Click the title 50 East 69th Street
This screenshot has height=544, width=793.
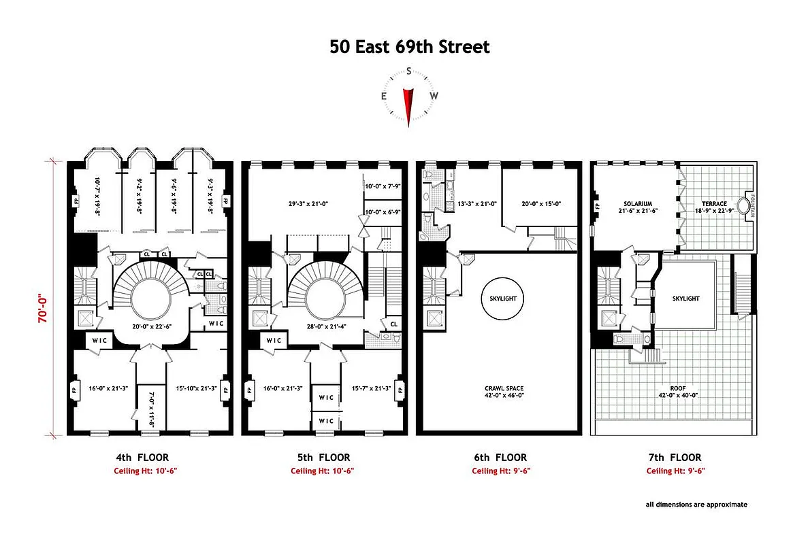coord(409,47)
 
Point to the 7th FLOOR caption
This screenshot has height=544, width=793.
coord(673,458)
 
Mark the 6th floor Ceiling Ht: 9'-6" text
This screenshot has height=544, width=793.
coord(500,471)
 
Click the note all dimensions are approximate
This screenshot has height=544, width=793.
coord(696,505)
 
